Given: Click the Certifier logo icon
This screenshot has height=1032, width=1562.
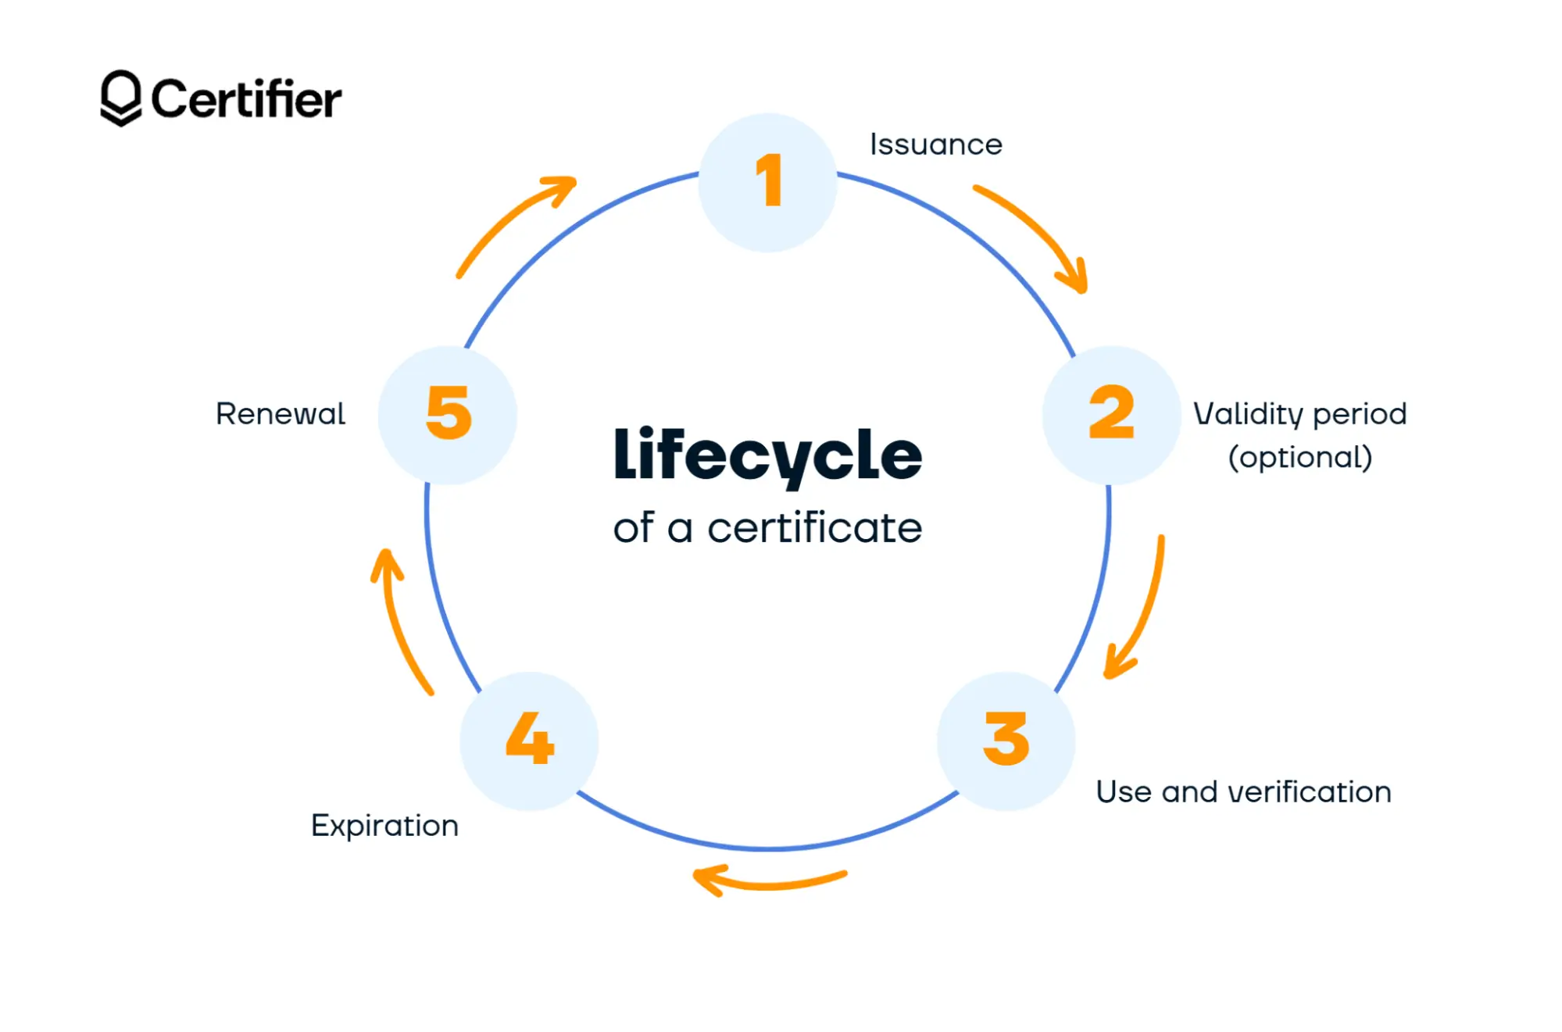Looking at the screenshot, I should point(120,98).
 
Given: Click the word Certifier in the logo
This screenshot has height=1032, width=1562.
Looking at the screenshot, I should point(246,99).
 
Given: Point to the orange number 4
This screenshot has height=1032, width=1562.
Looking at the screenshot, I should point(530,738).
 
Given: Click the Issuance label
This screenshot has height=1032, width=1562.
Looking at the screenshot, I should point(935,145).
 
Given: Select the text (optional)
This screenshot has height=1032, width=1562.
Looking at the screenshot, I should point(1300,458).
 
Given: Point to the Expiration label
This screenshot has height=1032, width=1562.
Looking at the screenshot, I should point(384,826).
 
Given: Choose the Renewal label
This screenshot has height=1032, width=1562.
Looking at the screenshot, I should point(280,414).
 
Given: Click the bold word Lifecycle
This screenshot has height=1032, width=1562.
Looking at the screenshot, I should point(767,455).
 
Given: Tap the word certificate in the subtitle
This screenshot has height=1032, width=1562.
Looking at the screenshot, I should point(814,528).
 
